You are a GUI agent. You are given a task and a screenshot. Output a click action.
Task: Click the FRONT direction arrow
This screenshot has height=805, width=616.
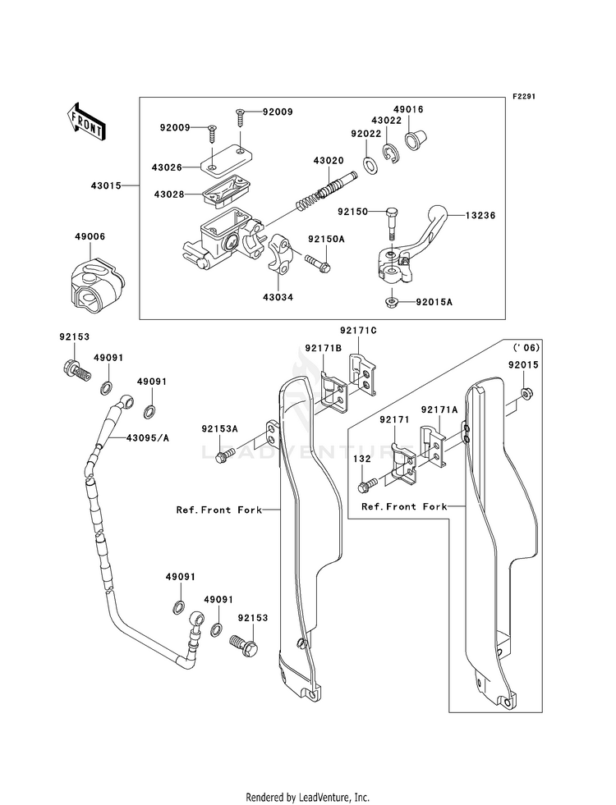(85, 121)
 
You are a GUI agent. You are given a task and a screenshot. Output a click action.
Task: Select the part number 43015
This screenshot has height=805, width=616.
(106, 185)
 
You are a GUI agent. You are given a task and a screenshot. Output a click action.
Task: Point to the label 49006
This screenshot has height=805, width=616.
(90, 236)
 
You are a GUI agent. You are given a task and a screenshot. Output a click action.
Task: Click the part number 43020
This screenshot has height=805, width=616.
(329, 161)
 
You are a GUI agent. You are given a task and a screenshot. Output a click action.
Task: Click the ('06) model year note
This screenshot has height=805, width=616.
(526, 348)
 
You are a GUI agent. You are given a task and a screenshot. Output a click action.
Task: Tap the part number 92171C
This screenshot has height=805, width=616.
(358, 330)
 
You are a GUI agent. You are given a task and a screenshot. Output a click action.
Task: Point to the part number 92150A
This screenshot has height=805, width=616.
(327, 240)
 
